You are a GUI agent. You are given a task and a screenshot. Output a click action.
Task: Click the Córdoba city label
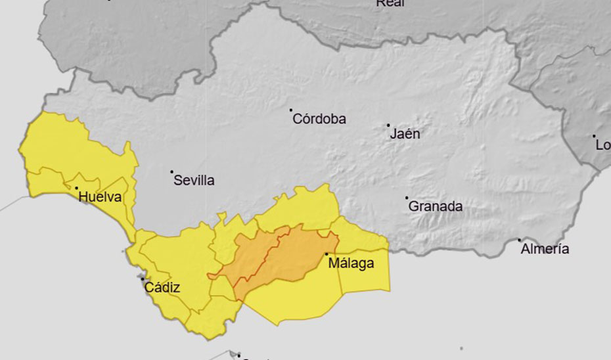[x=319, y=120]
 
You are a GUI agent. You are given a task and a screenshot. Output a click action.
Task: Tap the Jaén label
[x=405, y=134]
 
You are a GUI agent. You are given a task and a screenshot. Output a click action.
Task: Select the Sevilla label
[x=194, y=181]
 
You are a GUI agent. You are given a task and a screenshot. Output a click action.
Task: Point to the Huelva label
[x=101, y=196]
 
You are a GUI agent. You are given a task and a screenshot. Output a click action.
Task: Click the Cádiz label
[x=162, y=287]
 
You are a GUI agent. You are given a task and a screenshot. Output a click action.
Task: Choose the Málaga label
[x=352, y=264]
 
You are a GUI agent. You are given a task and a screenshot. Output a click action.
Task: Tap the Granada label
[x=436, y=206]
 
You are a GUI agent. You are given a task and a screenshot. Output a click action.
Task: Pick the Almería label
[x=545, y=249]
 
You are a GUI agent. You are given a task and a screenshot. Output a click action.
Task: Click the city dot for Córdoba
[x=291, y=110]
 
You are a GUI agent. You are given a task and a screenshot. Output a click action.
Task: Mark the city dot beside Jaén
[x=388, y=125]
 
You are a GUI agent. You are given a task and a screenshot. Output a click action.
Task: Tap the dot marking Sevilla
[x=172, y=172]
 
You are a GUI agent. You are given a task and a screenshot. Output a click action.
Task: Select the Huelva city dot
[x=77, y=189]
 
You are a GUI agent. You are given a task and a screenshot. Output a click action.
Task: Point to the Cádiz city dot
[x=143, y=279]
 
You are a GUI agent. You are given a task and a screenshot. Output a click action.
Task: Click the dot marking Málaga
[x=327, y=254]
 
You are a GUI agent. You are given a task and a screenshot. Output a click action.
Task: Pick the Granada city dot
[x=407, y=197]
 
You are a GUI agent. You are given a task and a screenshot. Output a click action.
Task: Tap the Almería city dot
[x=519, y=240]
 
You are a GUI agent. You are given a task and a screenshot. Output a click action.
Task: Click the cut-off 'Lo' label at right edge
[x=602, y=145]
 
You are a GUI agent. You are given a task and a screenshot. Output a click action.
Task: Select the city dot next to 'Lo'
[x=594, y=136]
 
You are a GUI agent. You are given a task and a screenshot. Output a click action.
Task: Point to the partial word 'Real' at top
[x=390, y=3]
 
